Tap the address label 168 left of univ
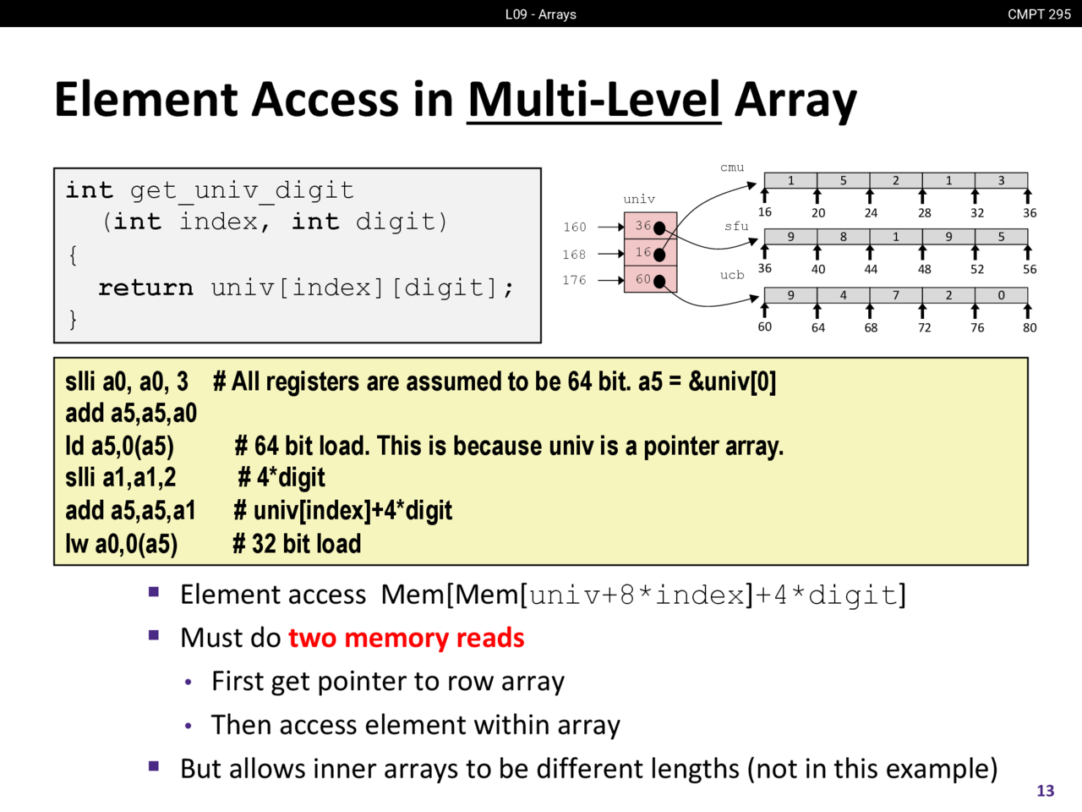574,254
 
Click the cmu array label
732,167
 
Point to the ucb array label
732,275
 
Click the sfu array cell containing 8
843,237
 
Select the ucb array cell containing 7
896,295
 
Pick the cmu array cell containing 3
1001,180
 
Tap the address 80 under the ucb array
1030,327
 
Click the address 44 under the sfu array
871,269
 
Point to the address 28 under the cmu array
925,213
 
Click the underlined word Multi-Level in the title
594,100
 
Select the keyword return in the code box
145,288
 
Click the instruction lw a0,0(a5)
122,544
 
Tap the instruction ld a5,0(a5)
119,446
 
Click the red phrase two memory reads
406,638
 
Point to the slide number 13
1046,790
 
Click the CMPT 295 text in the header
1039,14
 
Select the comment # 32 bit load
298,544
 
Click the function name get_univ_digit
242,190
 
